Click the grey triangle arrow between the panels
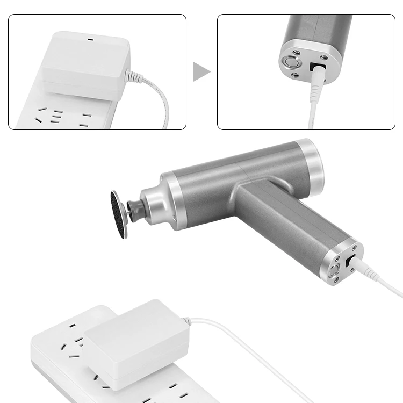coord(201,71)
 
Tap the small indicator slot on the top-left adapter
coord(89,40)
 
